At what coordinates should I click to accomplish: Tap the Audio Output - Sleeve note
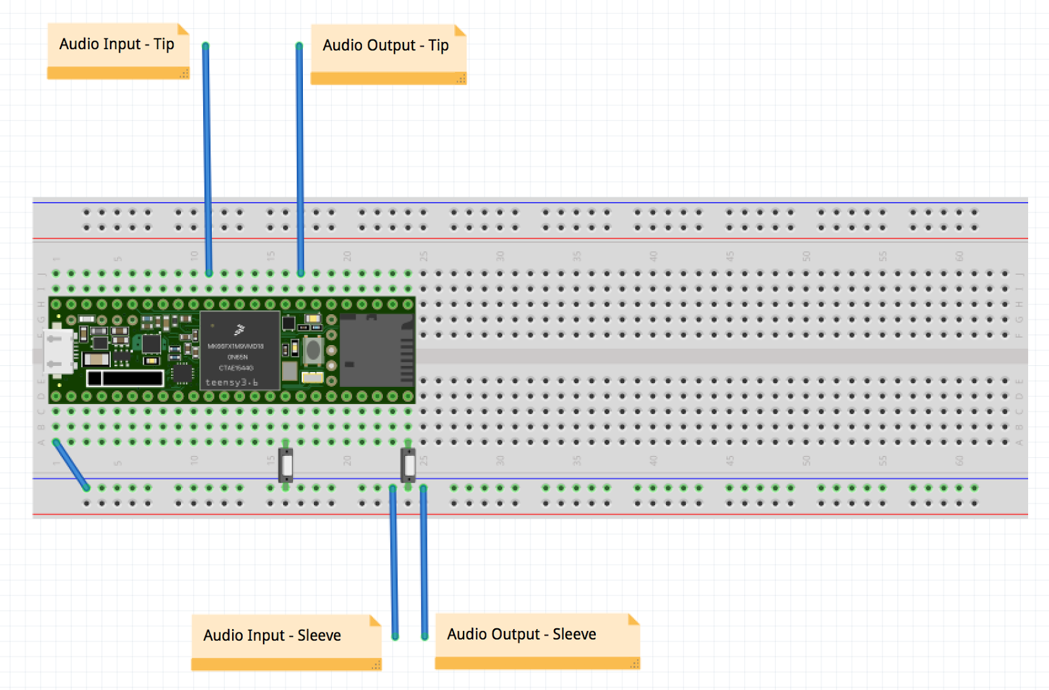pos(536,640)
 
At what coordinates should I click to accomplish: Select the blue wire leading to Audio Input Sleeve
pos(394,564)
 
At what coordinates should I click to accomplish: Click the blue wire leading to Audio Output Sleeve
pos(424,564)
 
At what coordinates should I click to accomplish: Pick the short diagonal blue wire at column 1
pos(71,465)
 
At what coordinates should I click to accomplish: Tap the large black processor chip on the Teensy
pos(239,350)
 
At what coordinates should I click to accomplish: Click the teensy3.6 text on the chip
pos(231,382)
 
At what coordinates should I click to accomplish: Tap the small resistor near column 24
pos(408,466)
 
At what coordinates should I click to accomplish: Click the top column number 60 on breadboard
pos(959,256)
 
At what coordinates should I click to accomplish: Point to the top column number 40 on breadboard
pos(653,256)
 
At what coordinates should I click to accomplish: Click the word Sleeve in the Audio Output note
pos(574,634)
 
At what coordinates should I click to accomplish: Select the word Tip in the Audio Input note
pos(164,44)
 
